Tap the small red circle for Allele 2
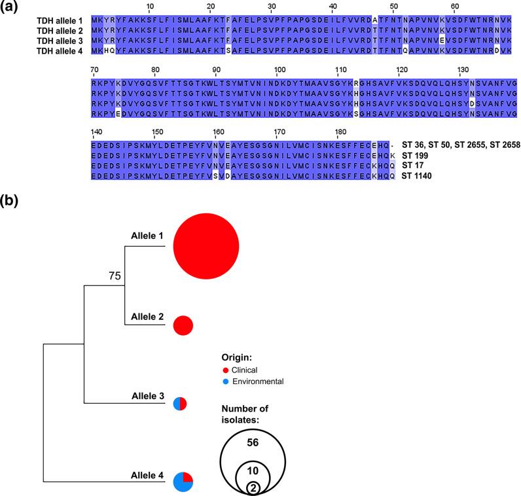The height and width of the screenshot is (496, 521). [183, 325]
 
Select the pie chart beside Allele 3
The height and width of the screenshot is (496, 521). [181, 404]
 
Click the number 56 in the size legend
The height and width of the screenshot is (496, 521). [252, 442]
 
